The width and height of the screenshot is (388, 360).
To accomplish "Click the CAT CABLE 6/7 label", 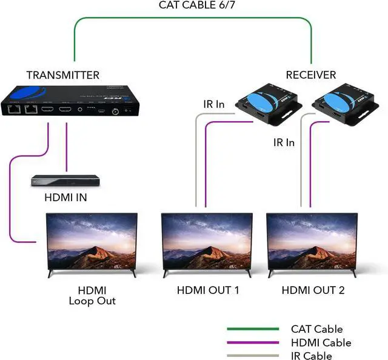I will [193, 5].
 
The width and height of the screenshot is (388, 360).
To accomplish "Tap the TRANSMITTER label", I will [63, 75].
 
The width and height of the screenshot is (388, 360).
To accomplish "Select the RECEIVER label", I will [310, 75].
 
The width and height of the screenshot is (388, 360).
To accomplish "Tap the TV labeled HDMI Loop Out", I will [92, 243].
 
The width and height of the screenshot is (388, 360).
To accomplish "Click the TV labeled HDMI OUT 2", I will [313, 243].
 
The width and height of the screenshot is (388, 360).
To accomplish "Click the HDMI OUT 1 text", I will [208, 290].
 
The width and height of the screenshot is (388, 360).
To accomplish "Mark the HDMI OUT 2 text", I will [313, 290].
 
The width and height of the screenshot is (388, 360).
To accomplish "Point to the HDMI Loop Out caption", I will [93, 295].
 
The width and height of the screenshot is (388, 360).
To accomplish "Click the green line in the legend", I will [253, 329].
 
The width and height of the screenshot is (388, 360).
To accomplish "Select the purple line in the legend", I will [253, 342].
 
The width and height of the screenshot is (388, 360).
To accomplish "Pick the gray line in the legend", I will [253, 356].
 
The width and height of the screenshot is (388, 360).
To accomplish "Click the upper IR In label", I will [213, 104].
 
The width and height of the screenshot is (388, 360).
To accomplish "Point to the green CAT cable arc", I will [193, 18].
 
